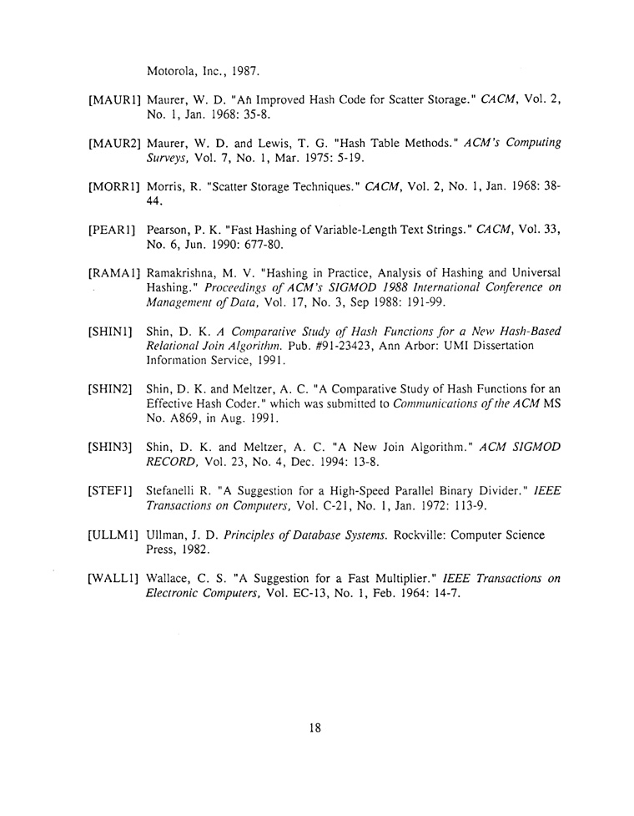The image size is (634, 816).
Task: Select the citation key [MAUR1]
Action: tap(114, 100)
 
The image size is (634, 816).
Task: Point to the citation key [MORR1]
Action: tap(114, 185)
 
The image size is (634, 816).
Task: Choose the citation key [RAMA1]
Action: tap(114, 272)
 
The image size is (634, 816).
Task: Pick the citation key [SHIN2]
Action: tap(111, 388)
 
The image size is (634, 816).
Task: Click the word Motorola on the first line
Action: tap(172, 69)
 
